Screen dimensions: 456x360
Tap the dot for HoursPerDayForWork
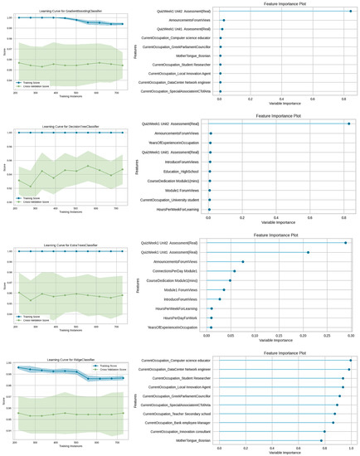[x=212, y=318]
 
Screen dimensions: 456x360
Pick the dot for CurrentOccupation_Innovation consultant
[x=324, y=432]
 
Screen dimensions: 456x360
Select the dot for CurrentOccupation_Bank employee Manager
[x=333, y=422]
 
